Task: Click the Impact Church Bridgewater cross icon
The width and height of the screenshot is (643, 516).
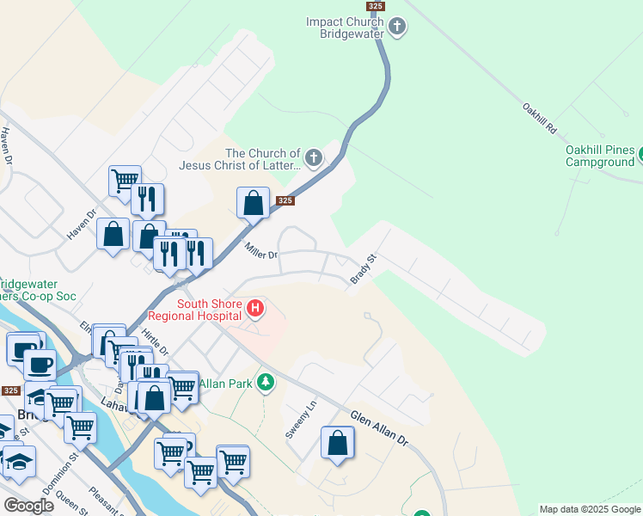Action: [x=397, y=27]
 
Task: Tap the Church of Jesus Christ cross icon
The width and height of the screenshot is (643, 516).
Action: [x=314, y=158]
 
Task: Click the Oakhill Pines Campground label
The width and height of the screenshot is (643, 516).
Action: [x=600, y=155]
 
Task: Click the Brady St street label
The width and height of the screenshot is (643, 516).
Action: [x=364, y=269]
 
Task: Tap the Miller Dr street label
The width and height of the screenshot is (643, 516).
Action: [x=261, y=252]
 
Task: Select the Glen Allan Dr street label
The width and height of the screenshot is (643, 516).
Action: [x=379, y=427]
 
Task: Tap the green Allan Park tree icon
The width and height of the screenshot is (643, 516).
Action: [x=266, y=381]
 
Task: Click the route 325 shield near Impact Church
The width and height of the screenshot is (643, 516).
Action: [x=375, y=6]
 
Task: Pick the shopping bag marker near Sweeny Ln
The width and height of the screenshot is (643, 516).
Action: [x=338, y=444]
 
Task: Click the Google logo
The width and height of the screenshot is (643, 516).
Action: [x=28, y=506]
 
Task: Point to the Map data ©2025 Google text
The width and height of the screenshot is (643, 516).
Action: [x=590, y=509]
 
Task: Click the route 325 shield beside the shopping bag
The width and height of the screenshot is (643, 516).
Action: [x=286, y=201]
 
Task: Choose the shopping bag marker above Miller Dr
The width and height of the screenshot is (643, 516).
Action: [x=253, y=204]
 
